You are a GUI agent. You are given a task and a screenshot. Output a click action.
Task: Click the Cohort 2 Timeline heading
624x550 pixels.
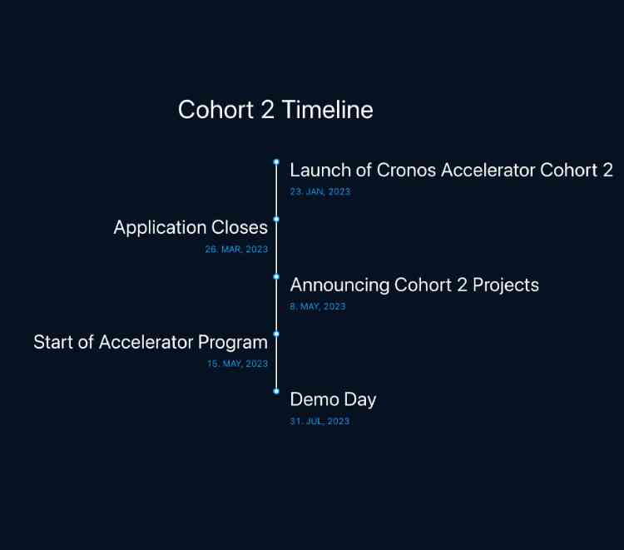pos(275,110)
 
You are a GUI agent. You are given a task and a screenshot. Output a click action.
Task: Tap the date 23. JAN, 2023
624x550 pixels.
pos(320,191)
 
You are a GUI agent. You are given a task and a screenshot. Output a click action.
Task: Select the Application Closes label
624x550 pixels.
pos(191,227)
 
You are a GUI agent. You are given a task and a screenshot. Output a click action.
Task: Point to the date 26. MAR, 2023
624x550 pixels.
pos(236,249)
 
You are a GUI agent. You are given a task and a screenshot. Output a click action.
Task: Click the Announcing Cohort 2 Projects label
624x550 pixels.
pos(414,285)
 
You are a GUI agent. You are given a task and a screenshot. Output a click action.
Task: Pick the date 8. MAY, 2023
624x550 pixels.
pos(318,306)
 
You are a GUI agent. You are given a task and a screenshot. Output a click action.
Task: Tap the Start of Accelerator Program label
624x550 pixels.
pos(151,342)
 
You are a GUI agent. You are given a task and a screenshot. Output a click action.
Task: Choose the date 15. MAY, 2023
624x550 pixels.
pos(237,364)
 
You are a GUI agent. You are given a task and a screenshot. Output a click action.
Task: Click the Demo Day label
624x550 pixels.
pos(333,399)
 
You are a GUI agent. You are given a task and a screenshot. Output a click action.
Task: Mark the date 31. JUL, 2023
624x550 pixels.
pos(319,421)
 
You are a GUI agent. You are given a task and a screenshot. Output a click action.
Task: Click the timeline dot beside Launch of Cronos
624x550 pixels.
pos(276,162)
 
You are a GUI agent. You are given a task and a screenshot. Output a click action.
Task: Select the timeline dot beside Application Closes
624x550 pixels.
pos(276,219)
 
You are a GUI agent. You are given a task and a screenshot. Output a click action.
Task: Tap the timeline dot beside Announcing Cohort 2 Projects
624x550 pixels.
pos(276,276)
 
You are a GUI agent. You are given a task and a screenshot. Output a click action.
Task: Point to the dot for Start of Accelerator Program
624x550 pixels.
pos(276,334)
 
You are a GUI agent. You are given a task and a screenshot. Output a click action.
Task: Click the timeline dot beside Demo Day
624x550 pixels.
pos(276,391)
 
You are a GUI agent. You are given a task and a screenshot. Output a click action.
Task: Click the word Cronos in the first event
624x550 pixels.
pos(406,171)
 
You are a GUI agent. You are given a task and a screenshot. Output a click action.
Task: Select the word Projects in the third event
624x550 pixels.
pos(506,285)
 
